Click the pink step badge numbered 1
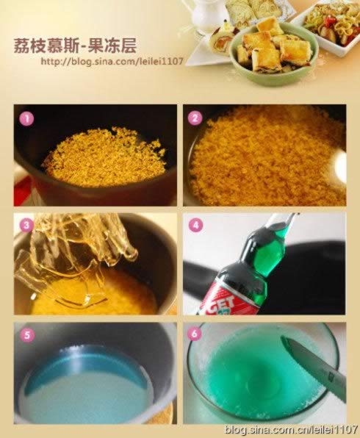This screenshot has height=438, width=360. coord(26,119)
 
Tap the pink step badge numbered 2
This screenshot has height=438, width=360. coord(195,118)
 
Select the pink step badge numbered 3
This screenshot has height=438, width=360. coord(26,225)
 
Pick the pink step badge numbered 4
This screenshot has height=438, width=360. coord(195,225)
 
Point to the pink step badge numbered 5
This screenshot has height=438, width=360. coord(27,334)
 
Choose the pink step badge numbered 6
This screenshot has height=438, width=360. coord(195,334)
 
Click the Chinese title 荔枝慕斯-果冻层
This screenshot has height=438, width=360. coord(75,46)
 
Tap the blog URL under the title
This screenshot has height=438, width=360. coord(112,61)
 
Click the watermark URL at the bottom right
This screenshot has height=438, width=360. coord(291,428)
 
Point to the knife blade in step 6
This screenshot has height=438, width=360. coord(314,359)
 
